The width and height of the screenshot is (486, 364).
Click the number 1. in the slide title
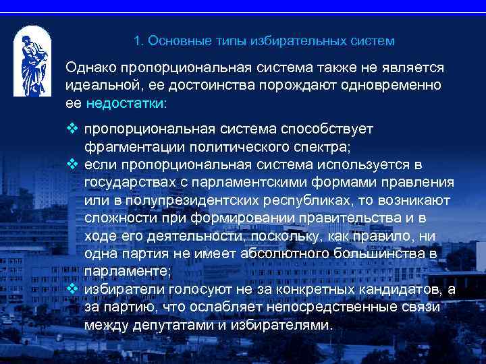pyautogui.click(x=138, y=41)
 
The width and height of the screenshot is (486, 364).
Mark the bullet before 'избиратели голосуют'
pyautogui.click(x=72, y=289)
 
